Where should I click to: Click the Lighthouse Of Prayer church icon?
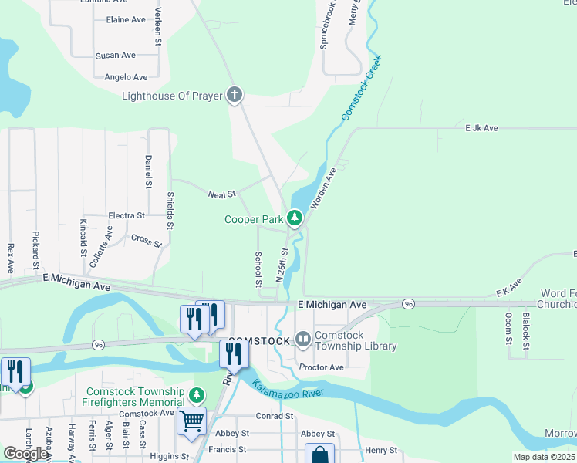pyautogui.click(x=235, y=96)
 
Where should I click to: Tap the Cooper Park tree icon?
pyautogui.click(x=294, y=219)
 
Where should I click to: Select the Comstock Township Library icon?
pyautogui.click(x=302, y=339)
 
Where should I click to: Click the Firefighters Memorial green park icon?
pyautogui.click(x=197, y=396)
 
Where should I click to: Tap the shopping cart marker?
pyautogui.click(x=191, y=421)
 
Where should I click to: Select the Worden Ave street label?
pyautogui.click(x=323, y=189)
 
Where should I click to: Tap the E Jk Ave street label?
pyautogui.click(x=481, y=128)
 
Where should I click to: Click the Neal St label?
pyautogui.click(x=221, y=194)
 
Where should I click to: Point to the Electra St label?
pyautogui.click(x=127, y=216)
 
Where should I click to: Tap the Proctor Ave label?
pyautogui.click(x=321, y=367)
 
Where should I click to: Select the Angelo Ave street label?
pyautogui.click(x=126, y=77)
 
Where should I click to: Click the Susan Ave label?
pyautogui.click(x=116, y=56)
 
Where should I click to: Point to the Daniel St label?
pyautogui.click(x=147, y=171)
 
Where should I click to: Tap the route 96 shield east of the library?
pyautogui.click(x=408, y=305)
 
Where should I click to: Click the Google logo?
pyautogui.click(x=25, y=454)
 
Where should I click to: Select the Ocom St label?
pyautogui.click(x=508, y=327)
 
